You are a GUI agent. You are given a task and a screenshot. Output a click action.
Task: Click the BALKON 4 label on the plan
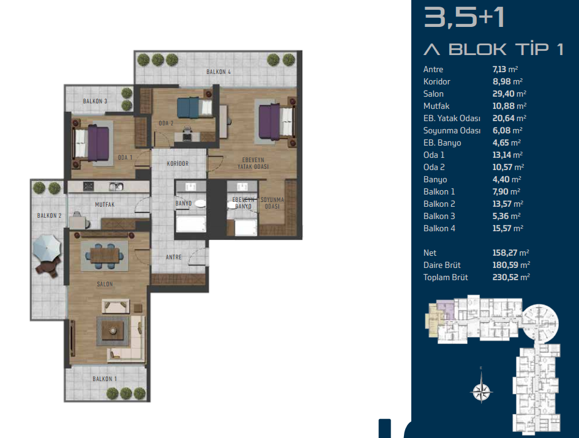click(x=219, y=72)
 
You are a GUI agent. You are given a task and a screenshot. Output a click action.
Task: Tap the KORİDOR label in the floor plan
click(x=177, y=163)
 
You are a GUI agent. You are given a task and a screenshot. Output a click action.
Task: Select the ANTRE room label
click(x=174, y=257)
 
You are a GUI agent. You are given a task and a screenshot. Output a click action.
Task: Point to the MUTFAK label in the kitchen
click(x=105, y=204)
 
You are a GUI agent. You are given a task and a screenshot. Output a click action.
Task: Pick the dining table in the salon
click(x=105, y=255)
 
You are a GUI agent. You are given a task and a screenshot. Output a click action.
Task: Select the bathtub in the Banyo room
click(x=190, y=225)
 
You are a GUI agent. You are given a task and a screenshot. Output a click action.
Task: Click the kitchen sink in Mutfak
click(x=116, y=187)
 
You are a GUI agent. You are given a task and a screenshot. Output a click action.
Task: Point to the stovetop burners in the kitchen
click(x=88, y=187)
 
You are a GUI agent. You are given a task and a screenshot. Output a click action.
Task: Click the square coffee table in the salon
click(x=113, y=331)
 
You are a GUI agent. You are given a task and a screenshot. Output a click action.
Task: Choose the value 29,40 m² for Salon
click(x=509, y=94)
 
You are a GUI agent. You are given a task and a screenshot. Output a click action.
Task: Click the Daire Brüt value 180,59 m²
click(x=511, y=265)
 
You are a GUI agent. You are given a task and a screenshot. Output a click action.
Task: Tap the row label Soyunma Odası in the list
click(x=452, y=131)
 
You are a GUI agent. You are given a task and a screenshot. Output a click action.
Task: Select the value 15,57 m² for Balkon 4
click(x=508, y=228)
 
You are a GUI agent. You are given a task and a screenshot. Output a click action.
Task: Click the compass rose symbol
click(x=481, y=391)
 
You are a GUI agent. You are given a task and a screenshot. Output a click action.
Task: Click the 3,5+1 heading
click(x=464, y=17)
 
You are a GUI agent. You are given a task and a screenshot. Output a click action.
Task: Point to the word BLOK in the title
click(x=477, y=50)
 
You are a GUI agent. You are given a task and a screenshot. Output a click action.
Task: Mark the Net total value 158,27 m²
click(x=510, y=253)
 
